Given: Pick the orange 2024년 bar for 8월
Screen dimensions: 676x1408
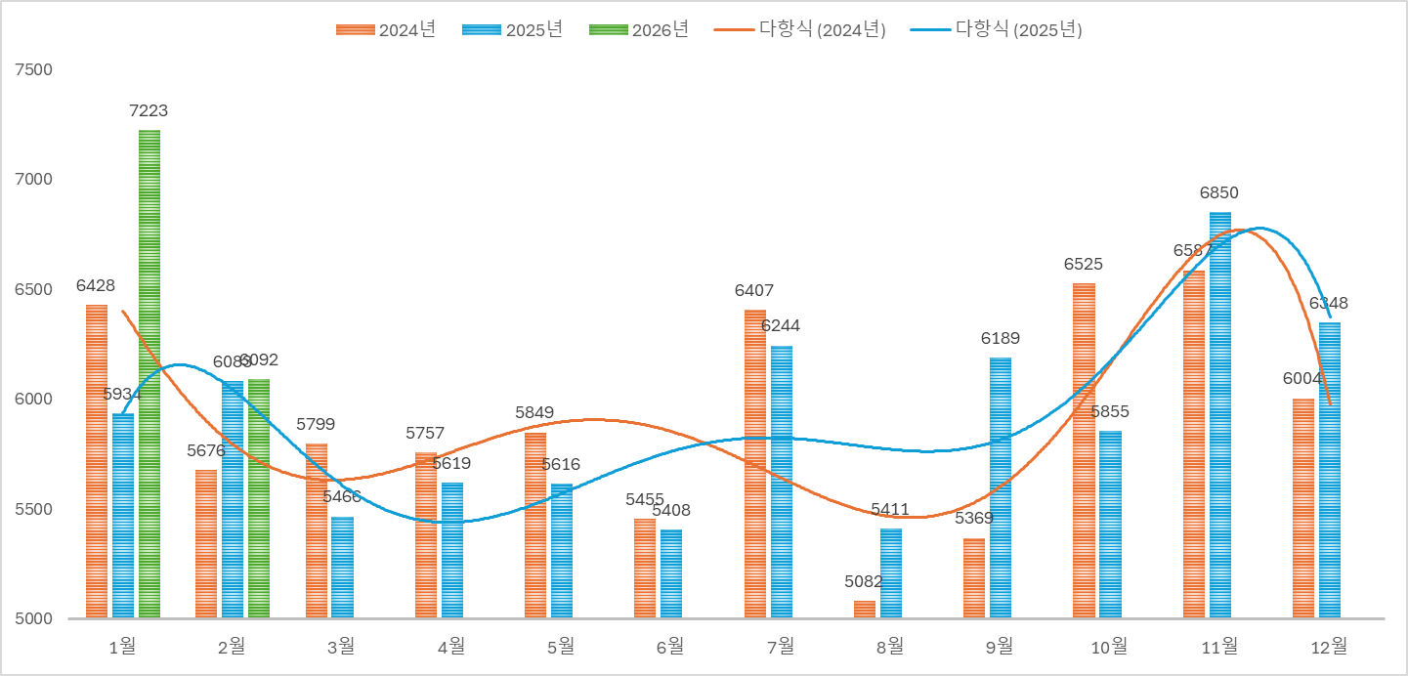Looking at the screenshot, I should [865, 610].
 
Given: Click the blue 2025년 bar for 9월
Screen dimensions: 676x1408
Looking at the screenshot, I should [1001, 487].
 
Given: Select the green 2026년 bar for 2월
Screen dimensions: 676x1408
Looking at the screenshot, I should [259, 498].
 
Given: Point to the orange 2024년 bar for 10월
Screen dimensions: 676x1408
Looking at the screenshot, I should [1084, 450].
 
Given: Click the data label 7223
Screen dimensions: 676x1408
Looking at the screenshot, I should [149, 111].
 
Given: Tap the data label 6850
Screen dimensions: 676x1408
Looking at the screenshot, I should [1219, 193].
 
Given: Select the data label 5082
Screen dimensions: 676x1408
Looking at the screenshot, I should [864, 582].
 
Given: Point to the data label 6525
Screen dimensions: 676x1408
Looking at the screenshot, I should [1084, 265].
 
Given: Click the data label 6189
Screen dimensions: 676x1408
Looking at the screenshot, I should [1001, 339].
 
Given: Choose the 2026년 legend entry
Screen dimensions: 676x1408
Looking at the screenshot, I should [640, 29].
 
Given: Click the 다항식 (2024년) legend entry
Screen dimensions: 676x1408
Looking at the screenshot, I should [800, 29].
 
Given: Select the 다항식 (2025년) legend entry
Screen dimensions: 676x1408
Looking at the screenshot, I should [997, 29].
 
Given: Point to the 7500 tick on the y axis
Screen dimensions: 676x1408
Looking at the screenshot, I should [34, 69].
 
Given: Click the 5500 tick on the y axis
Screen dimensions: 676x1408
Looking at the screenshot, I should [34, 509].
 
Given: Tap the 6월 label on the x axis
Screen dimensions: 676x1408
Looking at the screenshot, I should [669, 646].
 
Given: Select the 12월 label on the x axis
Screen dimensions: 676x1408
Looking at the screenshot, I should [1328, 646].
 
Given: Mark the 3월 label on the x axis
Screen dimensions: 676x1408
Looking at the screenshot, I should [340, 646].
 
